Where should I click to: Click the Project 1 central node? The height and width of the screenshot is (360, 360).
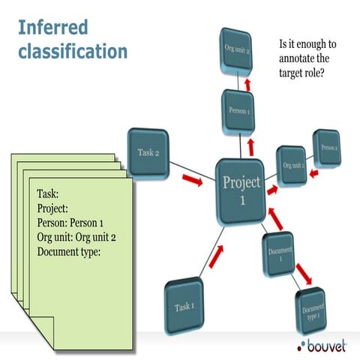tap(240, 190)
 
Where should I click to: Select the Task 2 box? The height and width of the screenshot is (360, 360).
tap(148, 153)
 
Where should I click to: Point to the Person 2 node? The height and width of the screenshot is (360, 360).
tap(327, 148)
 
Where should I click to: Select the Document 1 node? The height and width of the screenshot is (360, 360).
tap(279, 253)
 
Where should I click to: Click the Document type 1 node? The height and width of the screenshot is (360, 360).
tap(313, 310)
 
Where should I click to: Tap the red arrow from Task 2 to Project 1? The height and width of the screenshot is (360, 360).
tap(191, 180)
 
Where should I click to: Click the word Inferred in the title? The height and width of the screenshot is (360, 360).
tap(52, 28)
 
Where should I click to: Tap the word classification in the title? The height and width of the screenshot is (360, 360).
tap(73, 52)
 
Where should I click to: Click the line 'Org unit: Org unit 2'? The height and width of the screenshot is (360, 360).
tap(85, 237)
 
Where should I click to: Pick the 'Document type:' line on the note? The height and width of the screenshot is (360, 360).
tap(69, 251)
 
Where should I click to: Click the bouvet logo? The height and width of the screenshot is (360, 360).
tap(322, 345)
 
